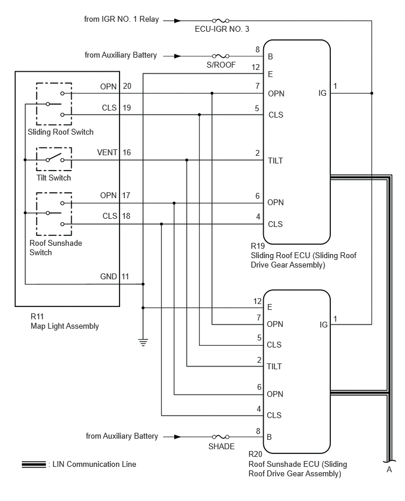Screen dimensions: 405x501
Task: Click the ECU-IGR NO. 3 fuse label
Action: (x=222, y=29)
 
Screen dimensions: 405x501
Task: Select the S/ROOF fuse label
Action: (x=221, y=65)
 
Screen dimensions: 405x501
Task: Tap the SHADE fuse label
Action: (x=221, y=446)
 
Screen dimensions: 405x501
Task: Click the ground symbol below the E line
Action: (x=143, y=342)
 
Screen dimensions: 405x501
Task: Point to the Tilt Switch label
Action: (x=54, y=178)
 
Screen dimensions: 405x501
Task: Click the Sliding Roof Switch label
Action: (x=61, y=132)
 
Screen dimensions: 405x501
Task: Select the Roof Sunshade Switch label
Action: (x=56, y=248)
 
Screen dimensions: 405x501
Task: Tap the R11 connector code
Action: (x=37, y=316)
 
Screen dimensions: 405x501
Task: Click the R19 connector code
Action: (x=258, y=246)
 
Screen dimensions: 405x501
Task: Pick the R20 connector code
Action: (x=255, y=454)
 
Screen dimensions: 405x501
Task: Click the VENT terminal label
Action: (x=107, y=153)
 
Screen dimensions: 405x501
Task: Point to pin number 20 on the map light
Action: (x=127, y=86)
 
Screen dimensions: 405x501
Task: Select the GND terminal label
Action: (x=108, y=277)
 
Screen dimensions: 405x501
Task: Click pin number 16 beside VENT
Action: (x=127, y=153)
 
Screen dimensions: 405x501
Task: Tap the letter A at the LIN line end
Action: (x=389, y=469)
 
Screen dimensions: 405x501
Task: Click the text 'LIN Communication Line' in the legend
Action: (x=94, y=465)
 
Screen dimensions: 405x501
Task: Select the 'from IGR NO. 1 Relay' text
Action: (x=122, y=19)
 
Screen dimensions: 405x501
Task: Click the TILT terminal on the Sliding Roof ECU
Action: (x=275, y=161)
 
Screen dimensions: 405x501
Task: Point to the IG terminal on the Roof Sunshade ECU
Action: (x=324, y=325)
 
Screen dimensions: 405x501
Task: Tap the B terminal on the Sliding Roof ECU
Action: (x=270, y=57)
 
